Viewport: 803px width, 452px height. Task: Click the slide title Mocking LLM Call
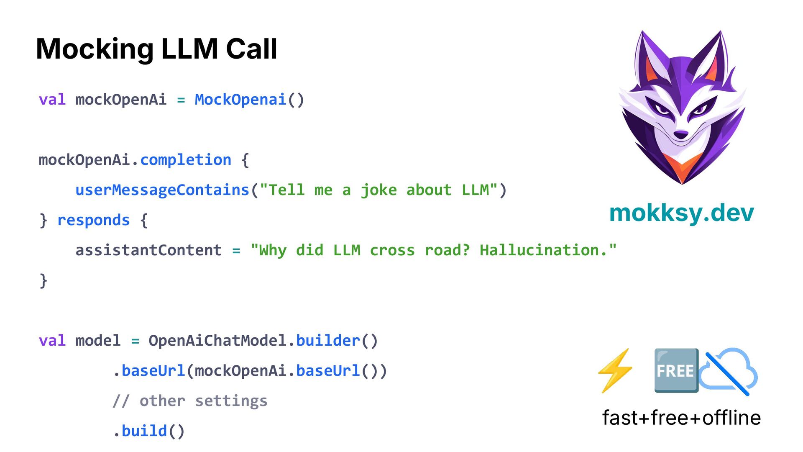[x=156, y=49]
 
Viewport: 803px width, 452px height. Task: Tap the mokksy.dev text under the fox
[x=681, y=213]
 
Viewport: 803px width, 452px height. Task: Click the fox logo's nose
[x=681, y=134]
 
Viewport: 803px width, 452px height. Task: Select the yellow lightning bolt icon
[x=615, y=371]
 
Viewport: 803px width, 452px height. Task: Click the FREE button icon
[x=676, y=371]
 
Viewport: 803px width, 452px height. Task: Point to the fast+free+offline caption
[x=681, y=418]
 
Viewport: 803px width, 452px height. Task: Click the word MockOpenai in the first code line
[x=240, y=100]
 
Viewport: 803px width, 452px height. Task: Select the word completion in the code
[x=186, y=160]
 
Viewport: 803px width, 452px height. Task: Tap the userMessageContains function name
[x=162, y=190]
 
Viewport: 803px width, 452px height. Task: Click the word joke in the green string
[x=378, y=190]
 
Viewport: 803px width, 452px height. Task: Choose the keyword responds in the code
[x=93, y=220]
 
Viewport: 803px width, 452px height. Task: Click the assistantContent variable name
[x=148, y=250]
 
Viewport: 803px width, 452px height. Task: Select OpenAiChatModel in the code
[x=217, y=341]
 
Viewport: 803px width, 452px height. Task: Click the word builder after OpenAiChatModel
[x=328, y=341]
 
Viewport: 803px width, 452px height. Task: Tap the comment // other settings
[x=190, y=401]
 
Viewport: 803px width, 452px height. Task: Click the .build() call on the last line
[x=149, y=431]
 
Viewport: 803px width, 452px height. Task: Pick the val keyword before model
[x=52, y=341]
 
